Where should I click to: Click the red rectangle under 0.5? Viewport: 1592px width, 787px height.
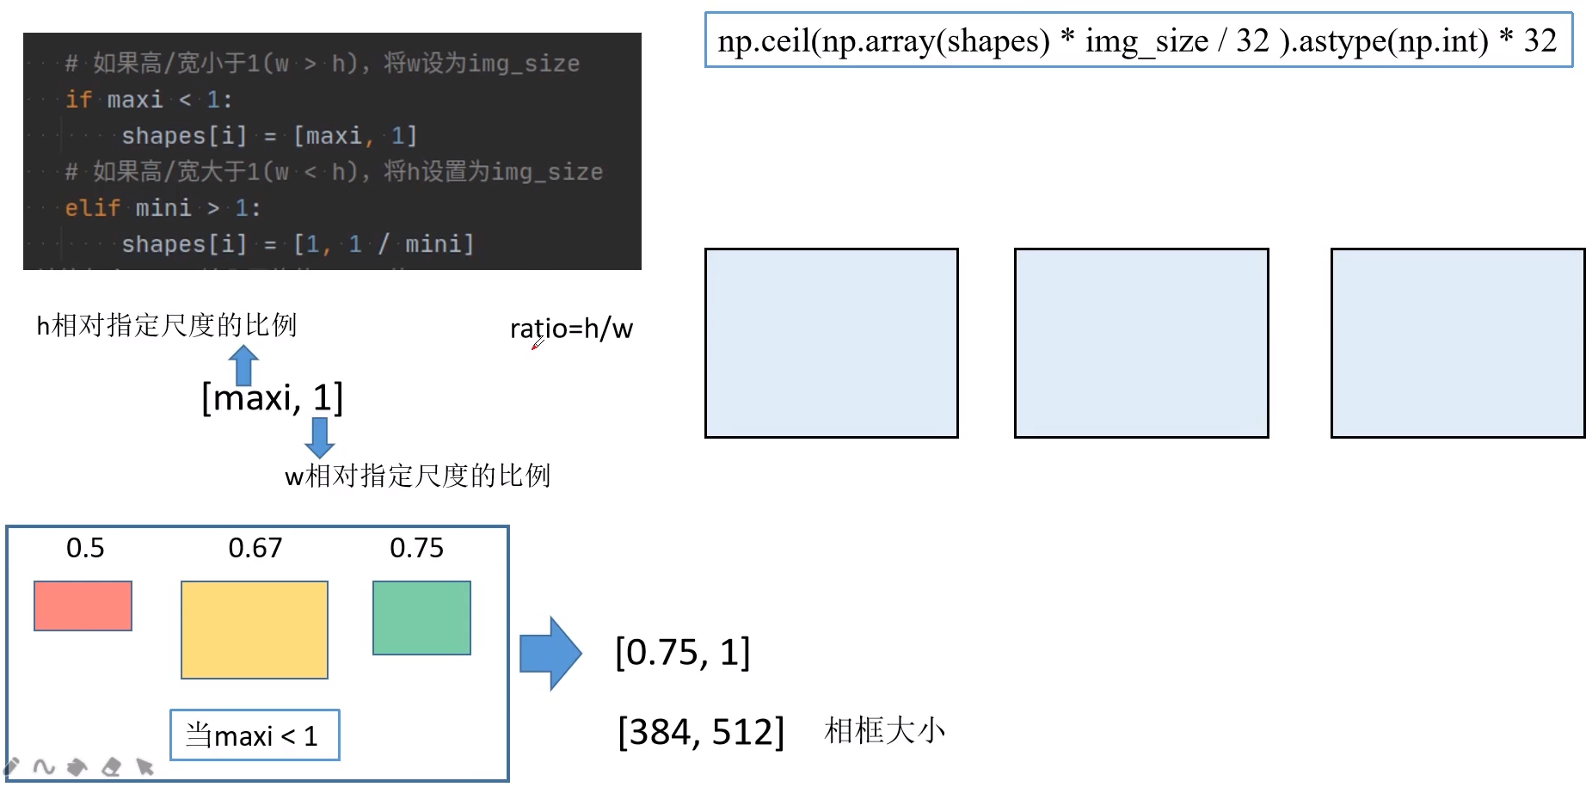(x=83, y=606)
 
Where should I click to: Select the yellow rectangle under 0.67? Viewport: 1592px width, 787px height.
(x=254, y=630)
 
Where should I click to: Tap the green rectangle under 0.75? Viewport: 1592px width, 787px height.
(x=421, y=618)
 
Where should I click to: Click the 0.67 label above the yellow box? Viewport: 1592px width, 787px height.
(x=255, y=548)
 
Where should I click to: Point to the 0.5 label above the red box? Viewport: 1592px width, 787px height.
(x=85, y=548)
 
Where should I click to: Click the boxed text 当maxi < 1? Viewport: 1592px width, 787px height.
(x=254, y=735)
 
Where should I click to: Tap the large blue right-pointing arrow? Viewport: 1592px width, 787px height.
(x=550, y=654)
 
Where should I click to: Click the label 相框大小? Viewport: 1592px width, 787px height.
(x=884, y=731)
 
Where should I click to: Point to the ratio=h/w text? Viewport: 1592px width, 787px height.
(x=571, y=329)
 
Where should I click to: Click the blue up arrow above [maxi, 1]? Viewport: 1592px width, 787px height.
(x=243, y=365)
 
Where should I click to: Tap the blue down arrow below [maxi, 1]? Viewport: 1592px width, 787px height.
(x=319, y=437)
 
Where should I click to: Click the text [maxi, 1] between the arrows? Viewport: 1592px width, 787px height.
(x=272, y=398)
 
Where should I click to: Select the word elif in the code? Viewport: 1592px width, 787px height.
(x=91, y=208)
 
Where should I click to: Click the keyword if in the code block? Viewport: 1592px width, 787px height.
(x=77, y=100)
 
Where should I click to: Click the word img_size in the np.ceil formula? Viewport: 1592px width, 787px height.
(x=1146, y=41)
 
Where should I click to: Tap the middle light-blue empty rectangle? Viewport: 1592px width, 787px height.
(x=1141, y=343)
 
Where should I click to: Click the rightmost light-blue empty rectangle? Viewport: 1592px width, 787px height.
(x=1457, y=343)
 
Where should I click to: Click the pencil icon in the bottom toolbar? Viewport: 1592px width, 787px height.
(x=12, y=765)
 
